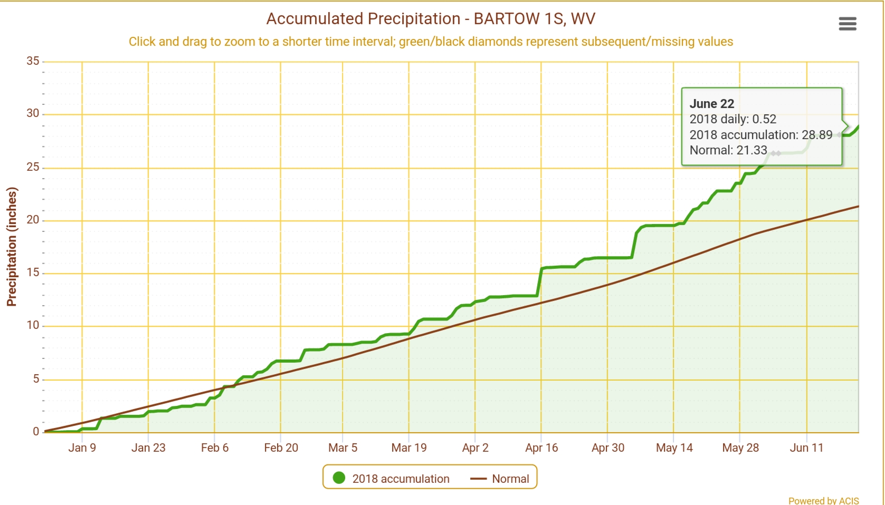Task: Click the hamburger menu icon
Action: [847, 24]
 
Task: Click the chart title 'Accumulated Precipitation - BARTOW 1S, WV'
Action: [431, 19]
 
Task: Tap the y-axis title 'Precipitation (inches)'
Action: [12, 247]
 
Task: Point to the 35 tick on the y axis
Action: [33, 61]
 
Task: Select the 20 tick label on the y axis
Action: [33, 220]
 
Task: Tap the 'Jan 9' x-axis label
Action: [82, 448]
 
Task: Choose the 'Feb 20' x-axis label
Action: [281, 448]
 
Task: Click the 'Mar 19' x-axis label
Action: [409, 448]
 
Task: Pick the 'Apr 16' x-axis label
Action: [541, 448]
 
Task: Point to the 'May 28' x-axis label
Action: [740, 448]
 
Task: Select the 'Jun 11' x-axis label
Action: [806, 448]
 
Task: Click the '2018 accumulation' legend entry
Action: [401, 479]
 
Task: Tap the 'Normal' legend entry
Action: [510, 479]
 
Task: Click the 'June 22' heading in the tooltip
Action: [712, 104]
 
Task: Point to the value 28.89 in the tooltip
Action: [817, 135]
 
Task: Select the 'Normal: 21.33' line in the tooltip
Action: [728, 150]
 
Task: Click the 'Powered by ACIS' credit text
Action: [823, 500]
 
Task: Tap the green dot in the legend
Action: [339, 478]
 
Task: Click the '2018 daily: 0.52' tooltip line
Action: [733, 119]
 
